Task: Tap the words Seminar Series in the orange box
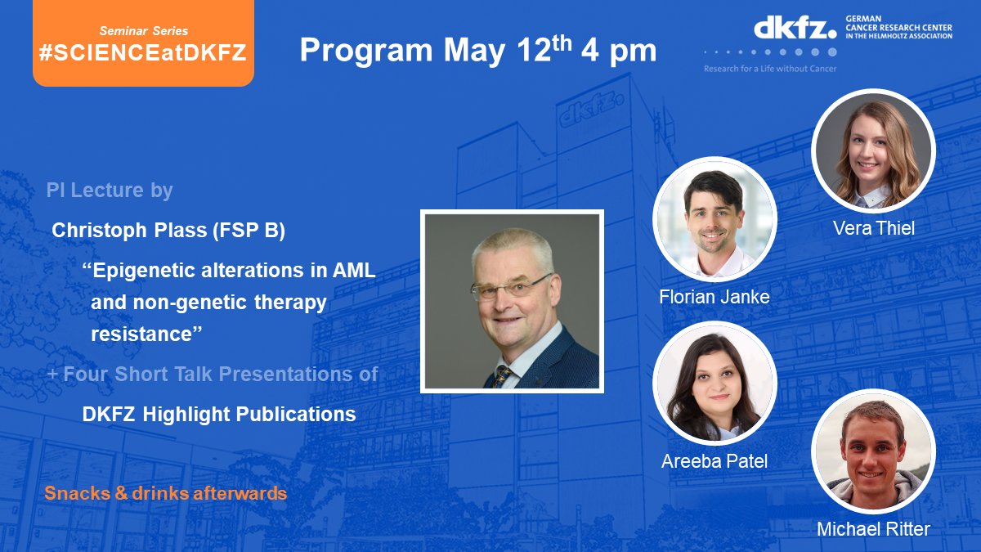142,30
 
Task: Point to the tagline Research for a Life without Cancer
770,69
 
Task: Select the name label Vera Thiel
873,228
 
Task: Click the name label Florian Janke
714,297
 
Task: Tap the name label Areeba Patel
714,461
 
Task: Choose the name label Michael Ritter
873,529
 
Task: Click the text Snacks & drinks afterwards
166,494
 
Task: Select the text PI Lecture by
110,191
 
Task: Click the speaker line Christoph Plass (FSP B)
168,231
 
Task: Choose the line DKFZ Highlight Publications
219,414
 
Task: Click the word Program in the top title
366,51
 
